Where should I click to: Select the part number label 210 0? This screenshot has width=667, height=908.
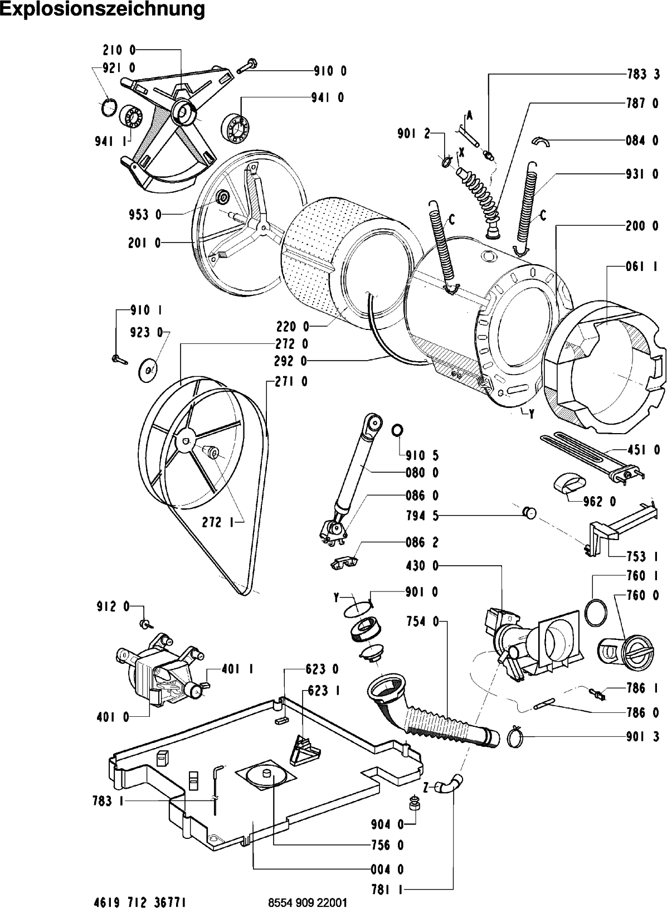[119, 50]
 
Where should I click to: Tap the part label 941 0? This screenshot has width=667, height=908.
[328, 97]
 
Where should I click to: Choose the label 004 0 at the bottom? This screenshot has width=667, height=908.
[388, 869]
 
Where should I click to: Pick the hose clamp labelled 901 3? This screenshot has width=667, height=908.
[517, 737]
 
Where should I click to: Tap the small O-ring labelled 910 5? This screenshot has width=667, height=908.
[397, 430]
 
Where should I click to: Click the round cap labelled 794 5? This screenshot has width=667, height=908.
[529, 511]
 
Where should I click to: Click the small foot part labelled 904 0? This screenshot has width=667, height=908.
[414, 803]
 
